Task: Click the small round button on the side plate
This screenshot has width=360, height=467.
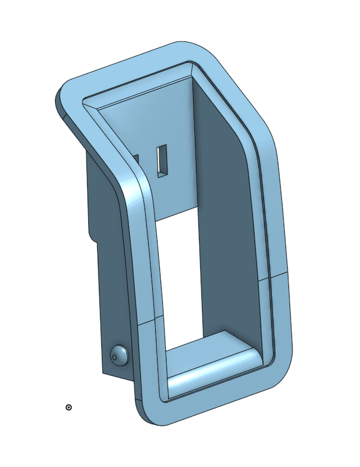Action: coord(119,355)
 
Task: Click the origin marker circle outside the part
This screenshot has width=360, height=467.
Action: coord(69,407)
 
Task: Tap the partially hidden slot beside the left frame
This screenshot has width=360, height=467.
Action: coord(136,159)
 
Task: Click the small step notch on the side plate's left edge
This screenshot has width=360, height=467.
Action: coord(92,237)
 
